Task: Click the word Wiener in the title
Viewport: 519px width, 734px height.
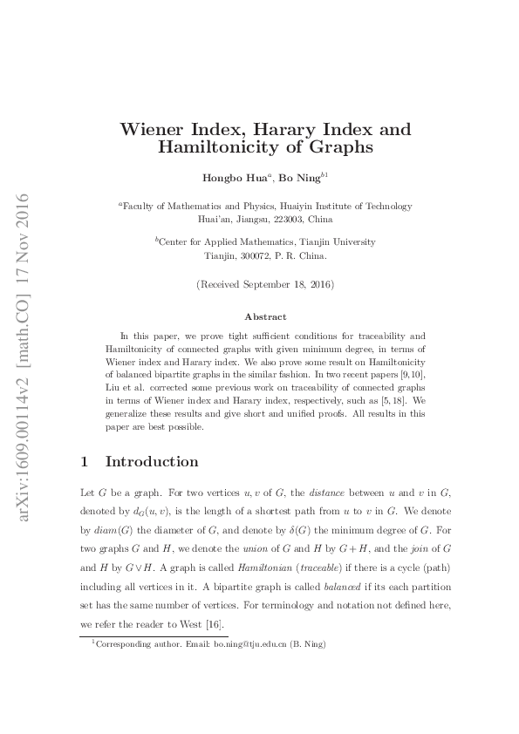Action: pyautogui.click(x=153, y=130)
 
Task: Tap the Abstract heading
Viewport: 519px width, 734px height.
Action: pyautogui.click(x=265, y=317)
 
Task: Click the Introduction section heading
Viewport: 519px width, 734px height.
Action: pyautogui.click(x=151, y=461)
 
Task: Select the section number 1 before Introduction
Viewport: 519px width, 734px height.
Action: pyautogui.click(x=84, y=461)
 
